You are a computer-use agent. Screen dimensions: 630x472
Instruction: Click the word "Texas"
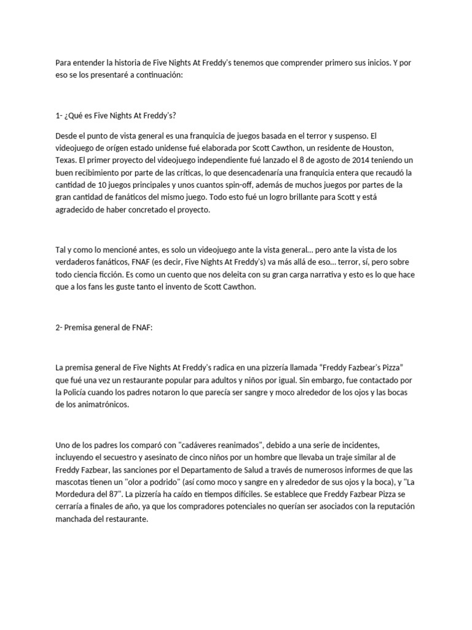coord(67,160)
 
